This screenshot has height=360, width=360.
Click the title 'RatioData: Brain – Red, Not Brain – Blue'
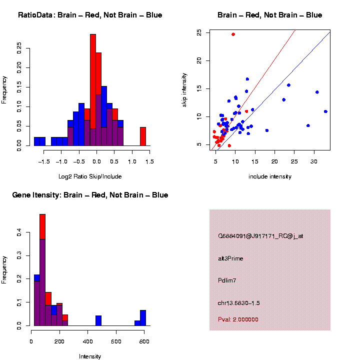pyautogui.click(x=90, y=15)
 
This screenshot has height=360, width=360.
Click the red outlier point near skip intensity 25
pyautogui.click(x=233, y=34)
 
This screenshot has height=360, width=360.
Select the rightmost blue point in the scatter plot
pyautogui.click(x=325, y=111)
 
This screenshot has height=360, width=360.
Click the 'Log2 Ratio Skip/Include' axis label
pyautogui.click(x=89, y=176)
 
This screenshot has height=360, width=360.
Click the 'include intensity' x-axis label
pyautogui.click(x=269, y=176)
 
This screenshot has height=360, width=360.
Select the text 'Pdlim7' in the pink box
pyautogui.click(x=227, y=280)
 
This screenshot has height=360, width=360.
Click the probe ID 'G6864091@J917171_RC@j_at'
pyautogui.click(x=260, y=236)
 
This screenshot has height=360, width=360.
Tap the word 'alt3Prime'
pyautogui.click(x=230, y=258)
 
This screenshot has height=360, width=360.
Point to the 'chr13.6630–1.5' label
pyautogui.click(x=239, y=303)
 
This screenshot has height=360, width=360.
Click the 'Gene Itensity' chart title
pyautogui.click(x=90, y=195)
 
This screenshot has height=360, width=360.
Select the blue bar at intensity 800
pyautogui.click(x=143, y=317)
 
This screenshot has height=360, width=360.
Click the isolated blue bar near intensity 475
pyautogui.click(x=98, y=320)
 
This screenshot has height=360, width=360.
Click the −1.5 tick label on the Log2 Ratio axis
pyautogui.click(x=44, y=161)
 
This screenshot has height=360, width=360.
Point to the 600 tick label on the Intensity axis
pyautogui.click(x=116, y=341)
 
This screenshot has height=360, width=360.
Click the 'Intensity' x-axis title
pyautogui.click(x=90, y=356)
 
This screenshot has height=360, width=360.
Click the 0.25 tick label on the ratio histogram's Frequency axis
pyautogui.click(x=19, y=48)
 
